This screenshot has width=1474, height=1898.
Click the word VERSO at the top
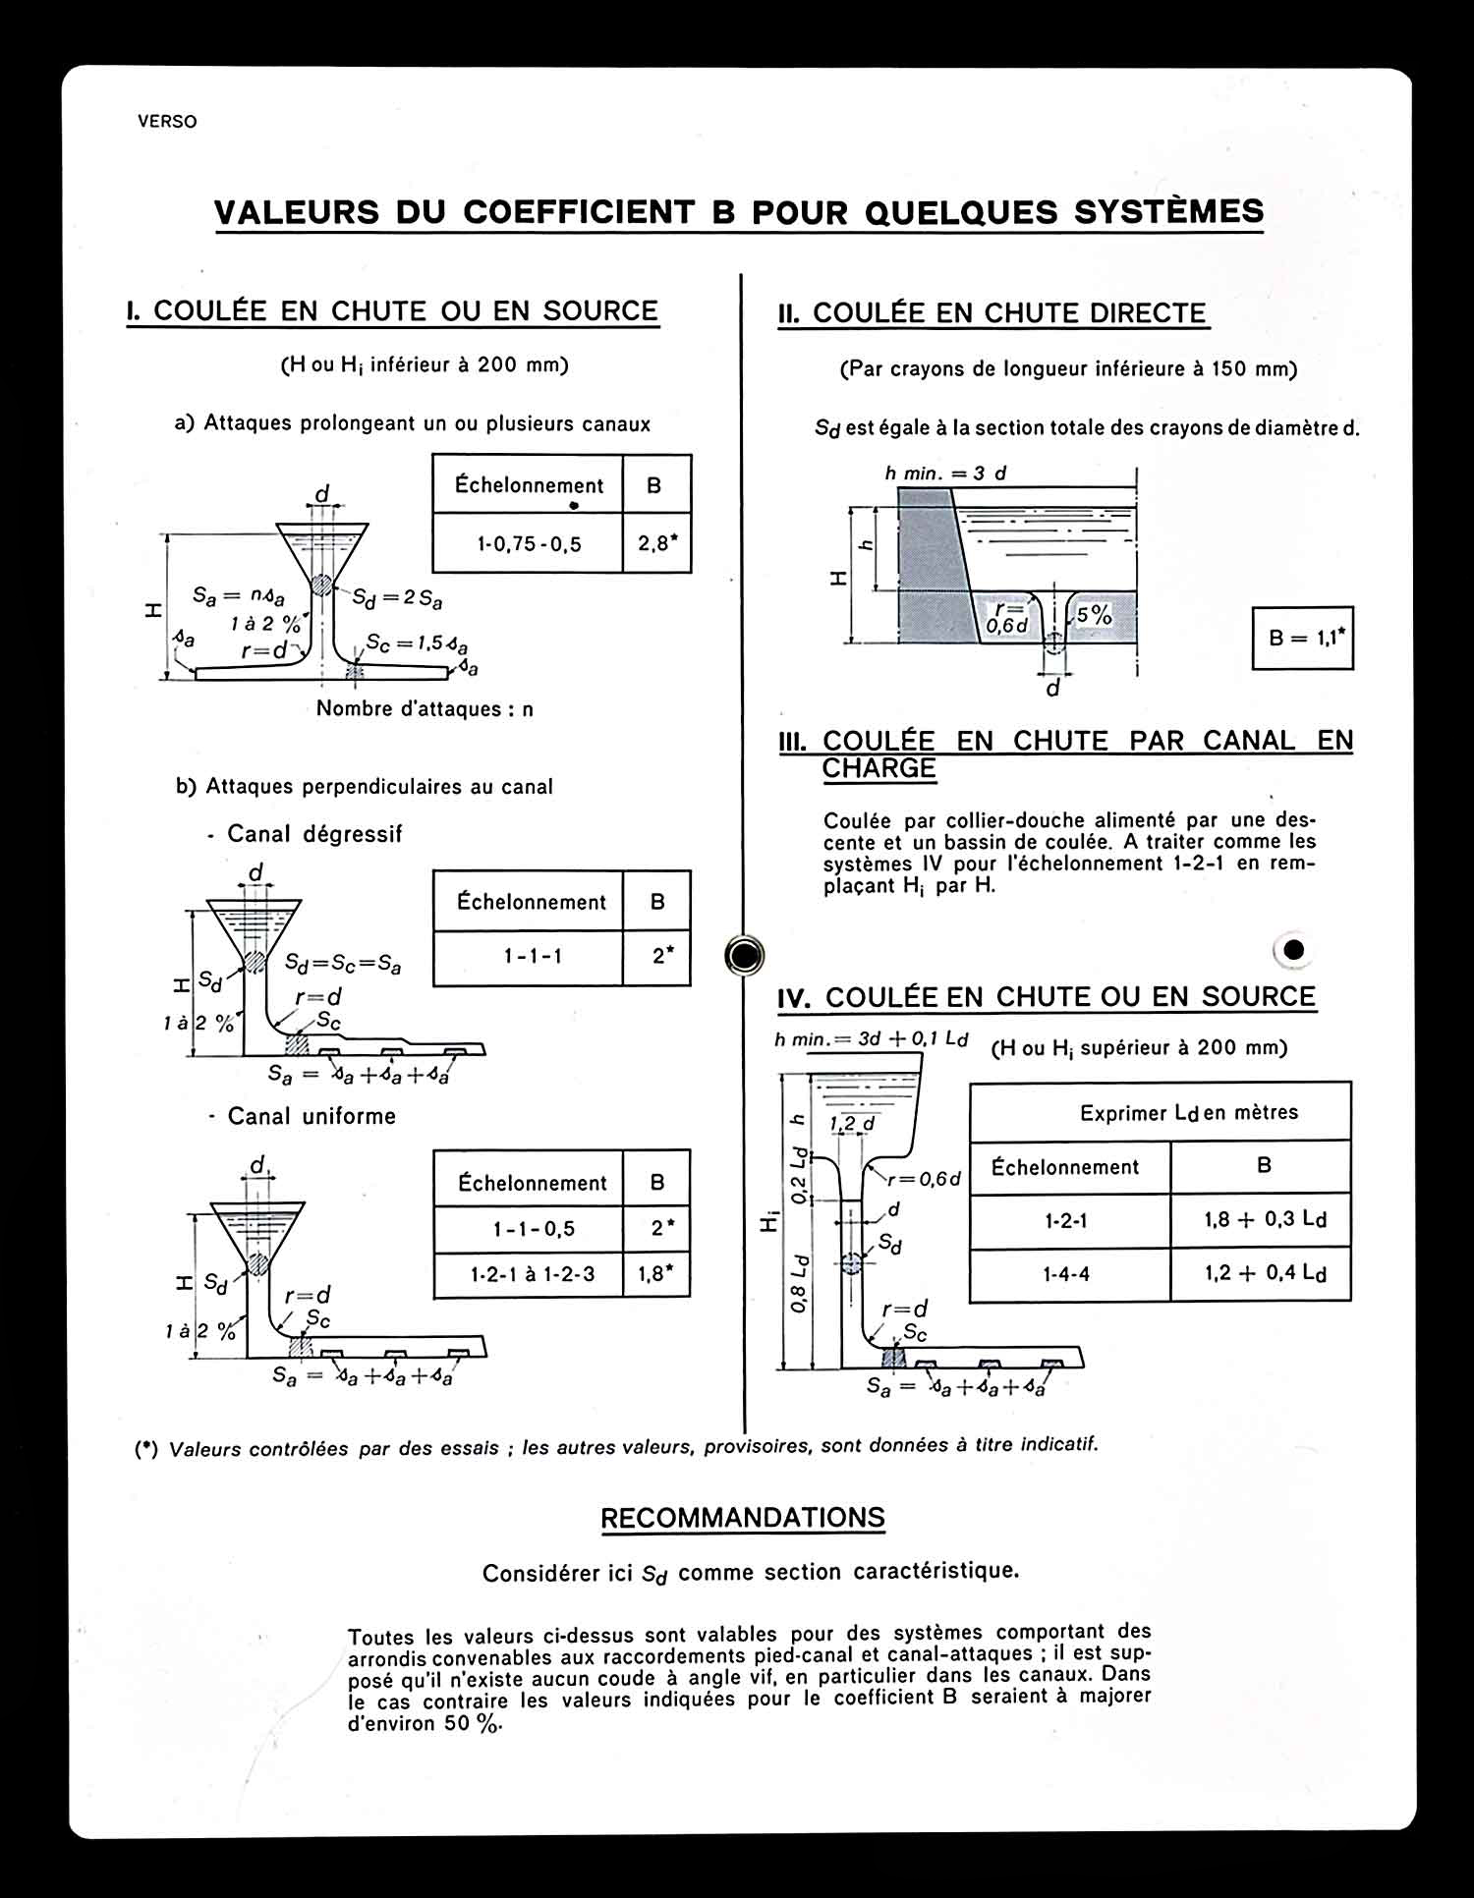(167, 122)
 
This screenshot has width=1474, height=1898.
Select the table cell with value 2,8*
(657, 542)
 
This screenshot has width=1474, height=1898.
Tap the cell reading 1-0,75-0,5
(529, 543)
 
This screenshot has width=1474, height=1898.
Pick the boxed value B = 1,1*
(1302, 638)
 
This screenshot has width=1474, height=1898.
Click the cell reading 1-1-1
(533, 956)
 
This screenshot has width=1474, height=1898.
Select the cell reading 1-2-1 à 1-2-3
(532, 1274)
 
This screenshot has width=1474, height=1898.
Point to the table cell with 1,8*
(656, 1274)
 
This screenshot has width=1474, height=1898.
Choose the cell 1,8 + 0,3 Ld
(1265, 1220)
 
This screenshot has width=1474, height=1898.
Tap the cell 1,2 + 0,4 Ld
(1265, 1273)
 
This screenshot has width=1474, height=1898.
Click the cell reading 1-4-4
(1066, 1274)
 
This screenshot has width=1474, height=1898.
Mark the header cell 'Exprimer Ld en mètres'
(1188, 1112)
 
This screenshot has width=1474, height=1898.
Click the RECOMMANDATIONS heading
(743, 1518)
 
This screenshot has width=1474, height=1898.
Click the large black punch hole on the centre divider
(744, 954)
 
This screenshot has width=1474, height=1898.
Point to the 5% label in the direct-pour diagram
(1093, 616)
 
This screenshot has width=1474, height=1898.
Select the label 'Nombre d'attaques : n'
(425, 708)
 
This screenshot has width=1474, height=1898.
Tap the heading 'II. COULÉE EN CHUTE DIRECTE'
(992, 313)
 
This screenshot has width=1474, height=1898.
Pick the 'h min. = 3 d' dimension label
(945, 474)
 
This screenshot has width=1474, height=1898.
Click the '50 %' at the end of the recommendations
(473, 1723)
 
